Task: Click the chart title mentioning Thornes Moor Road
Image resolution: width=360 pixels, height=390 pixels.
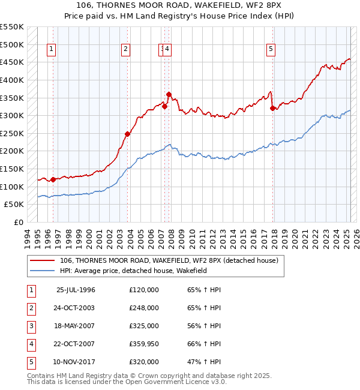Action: point(180,5)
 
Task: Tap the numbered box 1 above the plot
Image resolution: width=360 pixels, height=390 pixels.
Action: point(52,50)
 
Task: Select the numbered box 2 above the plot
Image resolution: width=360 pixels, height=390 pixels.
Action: point(125,50)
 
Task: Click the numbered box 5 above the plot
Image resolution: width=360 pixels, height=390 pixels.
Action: point(271,50)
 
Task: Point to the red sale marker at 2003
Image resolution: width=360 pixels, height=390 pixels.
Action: point(128,134)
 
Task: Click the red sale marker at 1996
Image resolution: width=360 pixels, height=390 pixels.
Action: point(53,179)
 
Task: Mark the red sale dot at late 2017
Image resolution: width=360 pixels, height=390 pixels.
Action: point(273,108)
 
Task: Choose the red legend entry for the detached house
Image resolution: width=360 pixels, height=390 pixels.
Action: point(169,261)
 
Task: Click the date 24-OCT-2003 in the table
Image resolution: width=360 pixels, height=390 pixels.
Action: point(74,308)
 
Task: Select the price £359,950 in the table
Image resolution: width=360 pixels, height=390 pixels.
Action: point(144,344)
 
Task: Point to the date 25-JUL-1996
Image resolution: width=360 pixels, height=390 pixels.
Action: point(76,290)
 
